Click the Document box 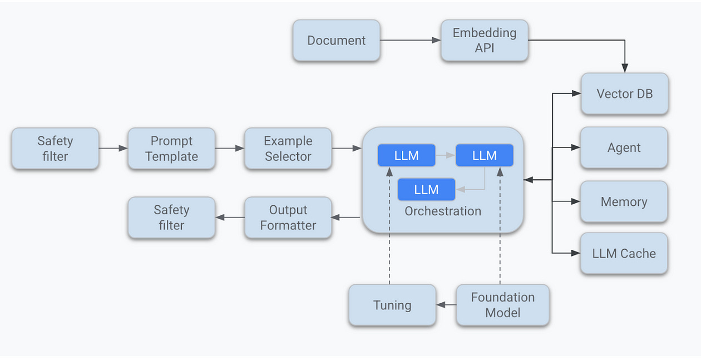click(336, 41)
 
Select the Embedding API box click(484, 41)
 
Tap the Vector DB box click(624, 94)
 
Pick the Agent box click(624, 148)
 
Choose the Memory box click(624, 202)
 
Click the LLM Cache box click(624, 254)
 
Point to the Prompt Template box click(171, 149)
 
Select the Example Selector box click(288, 149)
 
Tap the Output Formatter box click(288, 218)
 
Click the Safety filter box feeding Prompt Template click(55, 149)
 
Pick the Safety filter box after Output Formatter click(171, 218)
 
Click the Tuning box click(392, 305)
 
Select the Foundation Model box click(502, 305)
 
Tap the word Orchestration click(443, 211)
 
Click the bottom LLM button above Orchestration click(426, 190)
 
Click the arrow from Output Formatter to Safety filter click(230, 218)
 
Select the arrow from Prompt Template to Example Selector click(230, 149)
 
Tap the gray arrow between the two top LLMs click(445, 156)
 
